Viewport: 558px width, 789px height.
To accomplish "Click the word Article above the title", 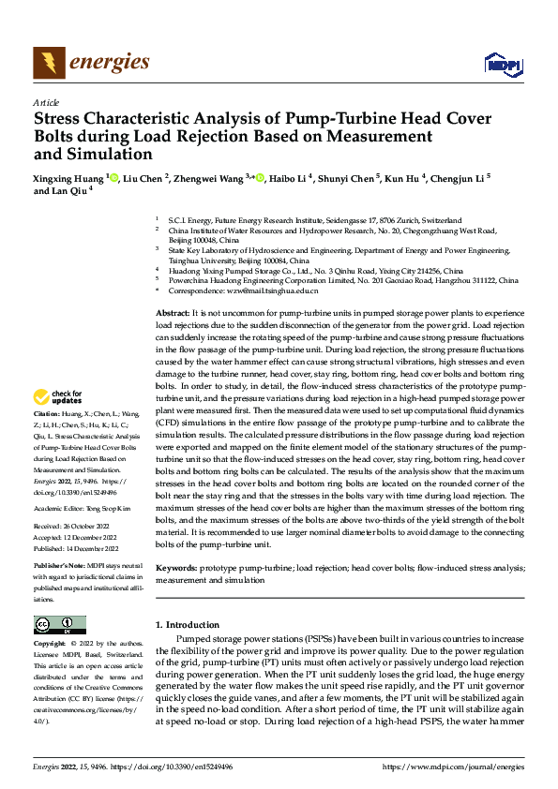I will point(46,102).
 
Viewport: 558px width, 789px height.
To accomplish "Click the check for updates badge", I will point(59,423).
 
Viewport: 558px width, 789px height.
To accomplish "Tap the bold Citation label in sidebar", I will point(47,439).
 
